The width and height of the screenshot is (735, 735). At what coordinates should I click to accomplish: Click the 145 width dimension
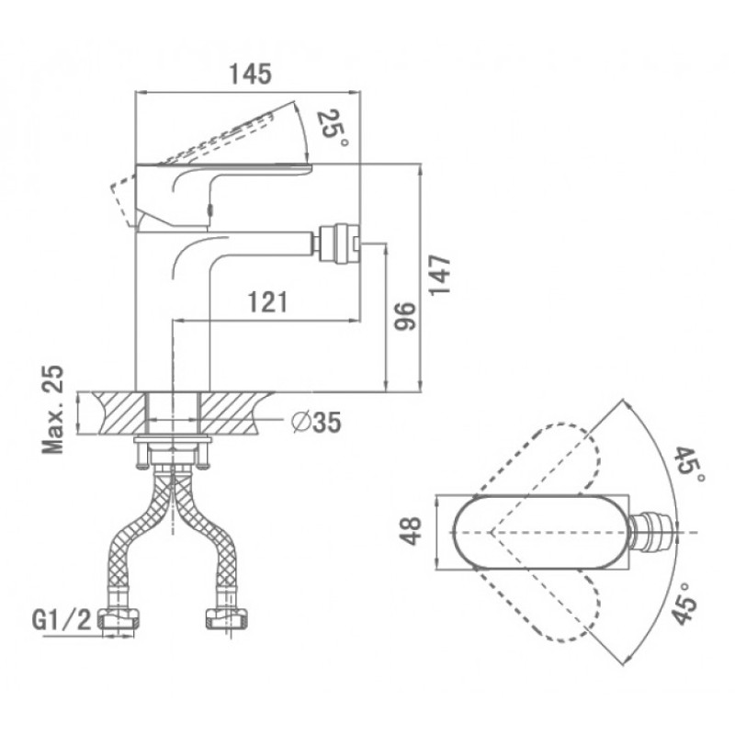click(x=250, y=74)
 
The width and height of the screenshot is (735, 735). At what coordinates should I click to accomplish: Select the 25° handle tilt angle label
click(x=332, y=128)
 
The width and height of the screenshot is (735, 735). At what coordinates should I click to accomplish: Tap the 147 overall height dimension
click(x=440, y=275)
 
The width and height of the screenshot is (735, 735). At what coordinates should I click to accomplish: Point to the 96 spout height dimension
click(x=404, y=316)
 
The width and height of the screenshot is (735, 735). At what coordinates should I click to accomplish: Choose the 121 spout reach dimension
click(x=267, y=302)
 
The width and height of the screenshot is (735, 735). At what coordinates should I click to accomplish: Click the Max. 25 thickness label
click(x=53, y=409)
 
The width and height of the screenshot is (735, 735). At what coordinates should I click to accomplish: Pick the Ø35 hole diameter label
click(x=316, y=422)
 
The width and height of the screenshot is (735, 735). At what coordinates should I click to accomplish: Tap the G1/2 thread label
click(x=62, y=621)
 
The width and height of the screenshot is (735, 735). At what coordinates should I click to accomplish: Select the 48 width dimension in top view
click(x=412, y=532)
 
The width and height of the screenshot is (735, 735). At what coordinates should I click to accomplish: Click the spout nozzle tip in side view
click(x=337, y=243)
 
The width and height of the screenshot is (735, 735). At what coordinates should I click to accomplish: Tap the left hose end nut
click(x=119, y=620)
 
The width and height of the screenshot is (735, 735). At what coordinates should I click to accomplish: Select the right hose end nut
click(x=227, y=620)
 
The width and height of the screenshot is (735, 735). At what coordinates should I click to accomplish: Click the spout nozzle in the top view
click(x=654, y=532)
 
